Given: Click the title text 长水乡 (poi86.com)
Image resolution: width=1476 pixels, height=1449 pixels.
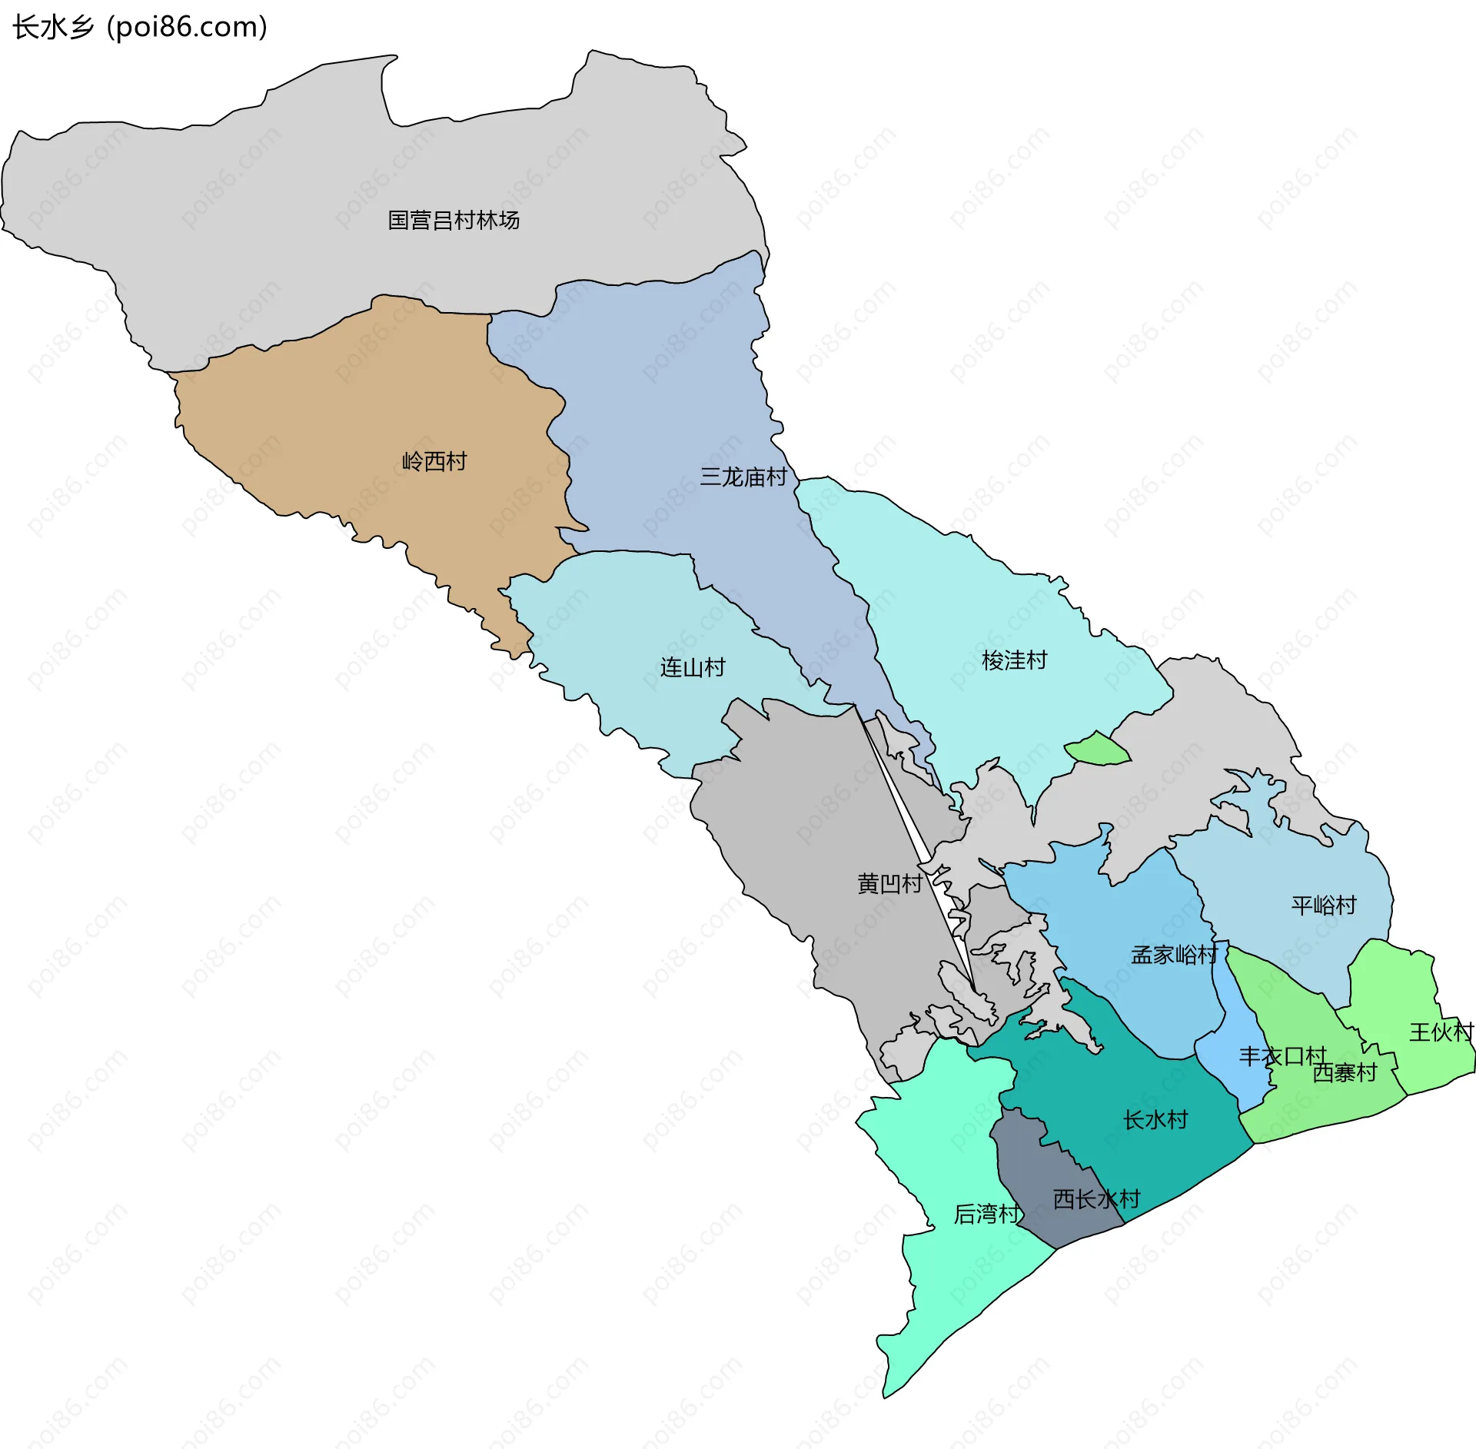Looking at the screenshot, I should (x=140, y=27).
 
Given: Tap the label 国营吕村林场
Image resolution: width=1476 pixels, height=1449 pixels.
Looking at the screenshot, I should (x=454, y=221).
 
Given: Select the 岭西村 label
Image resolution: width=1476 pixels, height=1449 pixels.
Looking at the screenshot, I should (x=434, y=461).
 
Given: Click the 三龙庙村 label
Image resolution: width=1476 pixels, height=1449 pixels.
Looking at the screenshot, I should (x=743, y=477).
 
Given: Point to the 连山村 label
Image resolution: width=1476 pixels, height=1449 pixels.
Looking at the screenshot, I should (x=693, y=667).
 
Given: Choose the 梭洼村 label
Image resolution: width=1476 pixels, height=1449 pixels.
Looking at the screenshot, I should (x=1014, y=660).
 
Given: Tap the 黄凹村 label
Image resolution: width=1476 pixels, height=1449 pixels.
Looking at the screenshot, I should (x=889, y=884).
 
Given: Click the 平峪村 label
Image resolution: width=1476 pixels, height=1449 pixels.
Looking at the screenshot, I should (x=1324, y=905).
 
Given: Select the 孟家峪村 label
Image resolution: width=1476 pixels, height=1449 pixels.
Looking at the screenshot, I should (x=1174, y=955).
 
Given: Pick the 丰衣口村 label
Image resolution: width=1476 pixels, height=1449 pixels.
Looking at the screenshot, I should (x=1282, y=1056).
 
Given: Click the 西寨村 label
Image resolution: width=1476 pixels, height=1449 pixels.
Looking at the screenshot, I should (x=1345, y=1072).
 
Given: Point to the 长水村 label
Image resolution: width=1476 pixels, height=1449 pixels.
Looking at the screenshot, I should (x=1155, y=1119).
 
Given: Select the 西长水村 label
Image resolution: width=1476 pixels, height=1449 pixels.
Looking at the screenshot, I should (x=1096, y=1199).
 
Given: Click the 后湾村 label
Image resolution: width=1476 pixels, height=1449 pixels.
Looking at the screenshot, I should (x=987, y=1214).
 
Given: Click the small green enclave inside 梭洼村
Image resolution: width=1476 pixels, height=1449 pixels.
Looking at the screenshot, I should (x=1098, y=749).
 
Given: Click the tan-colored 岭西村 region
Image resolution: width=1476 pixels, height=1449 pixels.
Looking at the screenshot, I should (x=369, y=415).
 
